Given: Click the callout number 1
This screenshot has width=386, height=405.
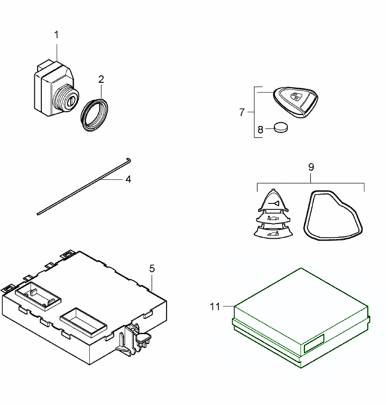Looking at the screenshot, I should point(57,34).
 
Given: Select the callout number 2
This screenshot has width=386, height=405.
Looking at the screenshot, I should point(101,79).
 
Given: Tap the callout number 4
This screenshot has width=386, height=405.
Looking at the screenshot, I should point(128,179).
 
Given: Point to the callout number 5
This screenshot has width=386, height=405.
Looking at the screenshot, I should point(152,268).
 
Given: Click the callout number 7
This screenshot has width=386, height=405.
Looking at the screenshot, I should point(242,112).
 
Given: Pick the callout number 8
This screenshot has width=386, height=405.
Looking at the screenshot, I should point(260,130).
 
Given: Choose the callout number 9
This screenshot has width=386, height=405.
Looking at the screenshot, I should point(311,166).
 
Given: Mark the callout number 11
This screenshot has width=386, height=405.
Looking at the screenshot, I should point(215,306).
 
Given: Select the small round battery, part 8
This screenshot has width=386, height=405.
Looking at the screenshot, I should point(281,127).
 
